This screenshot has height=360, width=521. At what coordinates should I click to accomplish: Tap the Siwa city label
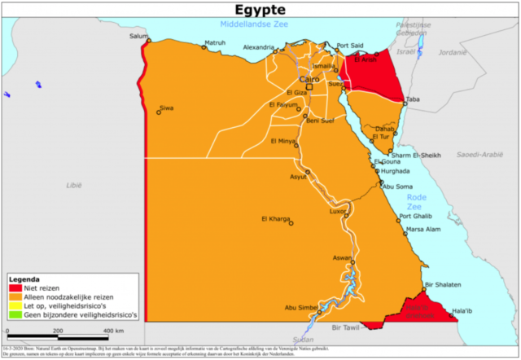167,108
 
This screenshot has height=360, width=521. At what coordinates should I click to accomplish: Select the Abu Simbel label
300,307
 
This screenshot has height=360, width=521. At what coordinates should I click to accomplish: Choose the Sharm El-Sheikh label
415,156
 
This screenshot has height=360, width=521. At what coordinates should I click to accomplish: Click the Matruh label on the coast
215,42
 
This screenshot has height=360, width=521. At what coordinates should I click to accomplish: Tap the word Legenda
24,279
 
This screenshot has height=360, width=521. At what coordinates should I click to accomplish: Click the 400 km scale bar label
113,331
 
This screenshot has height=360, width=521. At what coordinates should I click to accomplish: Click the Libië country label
74,186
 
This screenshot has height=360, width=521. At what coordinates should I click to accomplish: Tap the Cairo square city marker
309,87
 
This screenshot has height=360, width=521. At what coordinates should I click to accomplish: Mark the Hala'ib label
462,310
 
